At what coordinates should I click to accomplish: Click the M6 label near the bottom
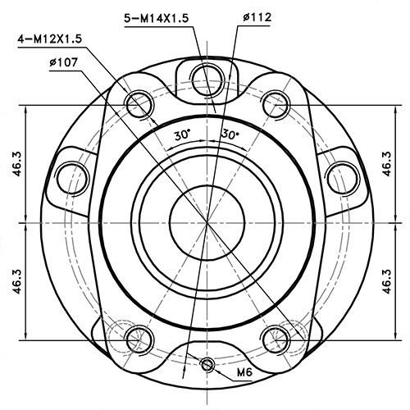[244, 373]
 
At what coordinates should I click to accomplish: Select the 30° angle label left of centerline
[181, 134]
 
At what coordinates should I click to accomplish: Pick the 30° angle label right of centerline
[230, 134]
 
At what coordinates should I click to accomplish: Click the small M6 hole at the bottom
[208, 365]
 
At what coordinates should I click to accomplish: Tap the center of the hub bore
[206, 221]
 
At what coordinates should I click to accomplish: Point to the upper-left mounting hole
[137, 103]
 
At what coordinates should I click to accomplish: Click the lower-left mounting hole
[137, 335]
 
